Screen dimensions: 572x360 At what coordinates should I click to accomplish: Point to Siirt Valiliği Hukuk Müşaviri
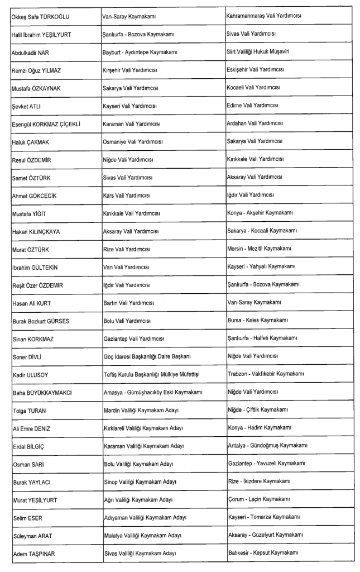pyautogui.click(x=258, y=53)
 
